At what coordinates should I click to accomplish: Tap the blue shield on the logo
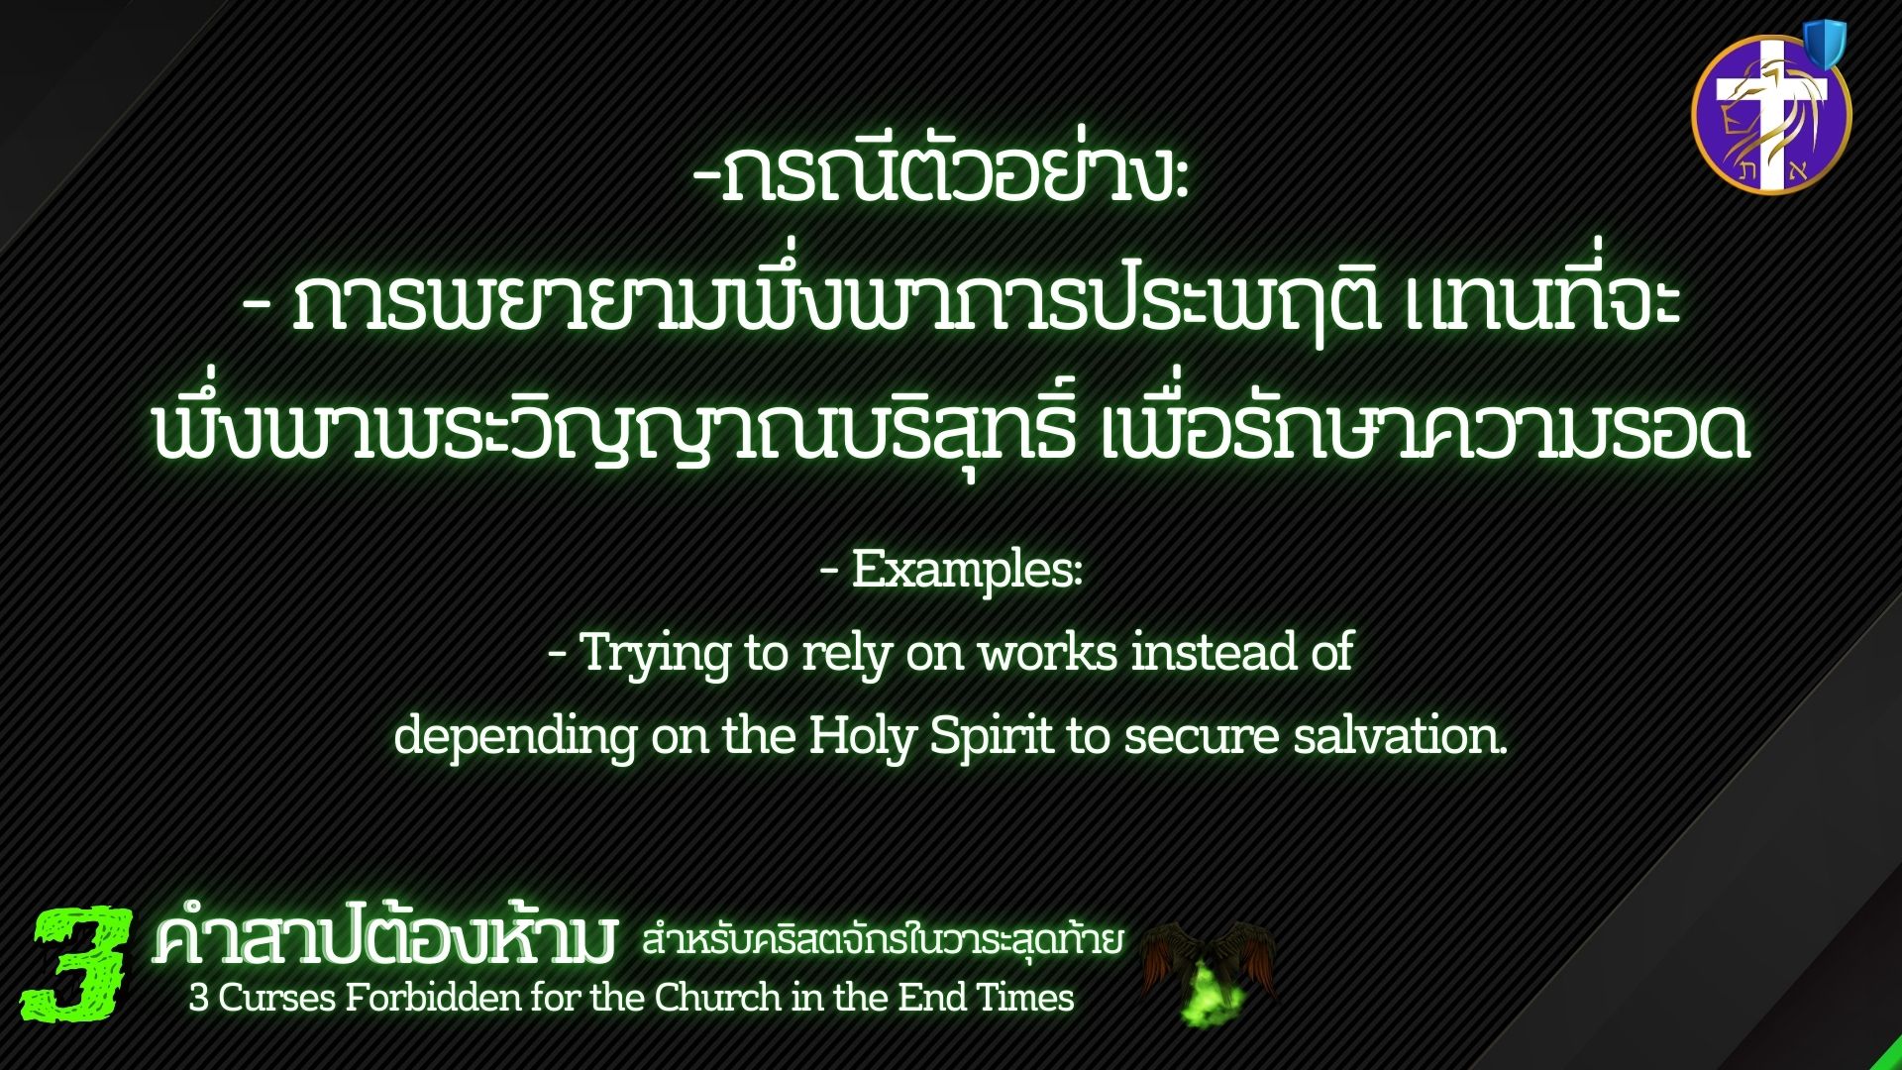(x=1824, y=45)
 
